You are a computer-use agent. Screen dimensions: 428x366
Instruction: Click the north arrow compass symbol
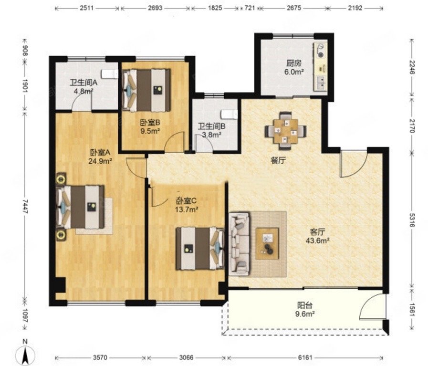[x=25, y=355]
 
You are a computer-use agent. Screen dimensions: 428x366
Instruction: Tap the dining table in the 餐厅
[x=285, y=131]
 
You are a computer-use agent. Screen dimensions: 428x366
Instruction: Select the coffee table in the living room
[x=267, y=244]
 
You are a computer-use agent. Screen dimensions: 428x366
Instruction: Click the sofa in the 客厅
[x=240, y=244]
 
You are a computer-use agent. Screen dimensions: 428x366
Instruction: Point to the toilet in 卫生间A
[x=109, y=74]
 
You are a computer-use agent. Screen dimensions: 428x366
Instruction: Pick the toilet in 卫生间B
[x=229, y=115]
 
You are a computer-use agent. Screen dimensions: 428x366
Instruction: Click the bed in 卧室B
[x=146, y=90]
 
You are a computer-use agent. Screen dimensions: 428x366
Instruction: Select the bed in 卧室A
[x=80, y=207]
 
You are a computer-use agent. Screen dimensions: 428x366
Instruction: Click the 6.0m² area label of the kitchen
[x=294, y=72]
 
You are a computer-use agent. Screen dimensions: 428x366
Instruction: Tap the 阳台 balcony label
[x=305, y=305]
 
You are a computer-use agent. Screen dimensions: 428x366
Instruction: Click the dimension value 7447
[x=25, y=206]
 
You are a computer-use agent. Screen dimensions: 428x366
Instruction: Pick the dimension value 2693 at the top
[x=155, y=8]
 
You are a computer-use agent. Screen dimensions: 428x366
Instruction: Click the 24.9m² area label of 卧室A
[x=100, y=161]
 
